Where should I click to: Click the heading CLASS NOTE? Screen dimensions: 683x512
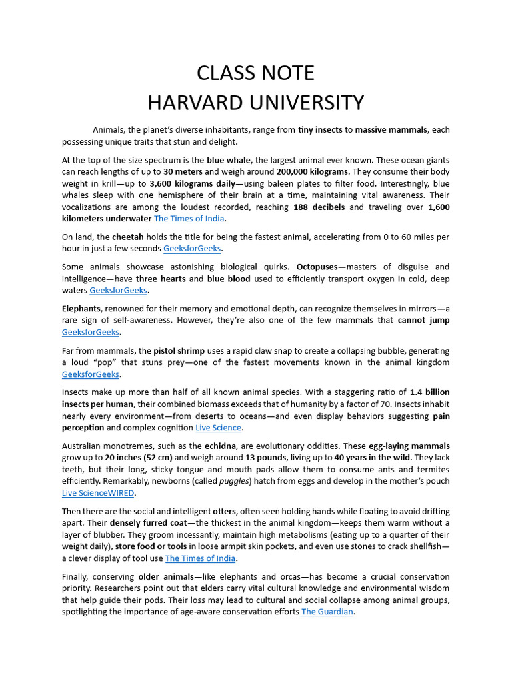(256, 73)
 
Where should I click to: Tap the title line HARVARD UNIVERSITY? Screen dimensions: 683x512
(256, 103)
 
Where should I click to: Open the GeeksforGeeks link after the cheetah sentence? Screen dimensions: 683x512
(193, 249)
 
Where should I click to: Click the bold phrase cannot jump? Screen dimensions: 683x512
(423, 320)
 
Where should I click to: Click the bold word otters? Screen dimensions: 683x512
(225, 511)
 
